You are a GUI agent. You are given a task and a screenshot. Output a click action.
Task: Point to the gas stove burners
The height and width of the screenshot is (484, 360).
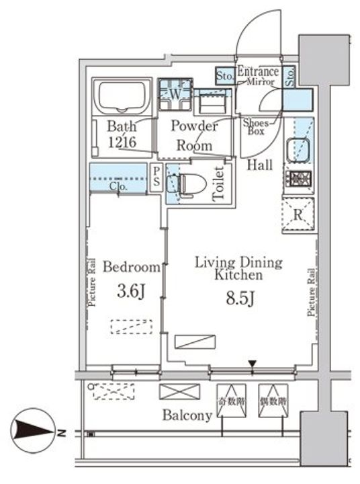click(298, 179)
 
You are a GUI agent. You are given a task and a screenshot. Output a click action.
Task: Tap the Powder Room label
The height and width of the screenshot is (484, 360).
click(194, 135)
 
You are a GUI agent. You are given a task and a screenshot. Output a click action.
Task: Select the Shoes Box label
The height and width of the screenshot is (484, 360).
click(256, 127)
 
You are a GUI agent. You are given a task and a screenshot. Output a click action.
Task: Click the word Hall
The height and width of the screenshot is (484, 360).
click(259, 165)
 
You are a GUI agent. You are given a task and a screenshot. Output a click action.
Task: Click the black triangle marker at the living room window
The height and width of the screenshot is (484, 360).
click(253, 364)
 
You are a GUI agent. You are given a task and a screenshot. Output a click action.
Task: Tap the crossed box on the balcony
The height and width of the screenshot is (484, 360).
click(179, 392)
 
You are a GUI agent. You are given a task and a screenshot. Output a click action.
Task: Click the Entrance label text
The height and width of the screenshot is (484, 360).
click(259, 72)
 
